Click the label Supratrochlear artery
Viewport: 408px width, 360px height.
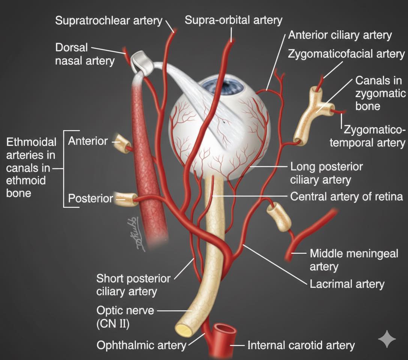coord(109,21)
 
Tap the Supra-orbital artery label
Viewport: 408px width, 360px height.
coord(233,20)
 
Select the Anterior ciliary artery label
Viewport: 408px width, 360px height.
coord(340,35)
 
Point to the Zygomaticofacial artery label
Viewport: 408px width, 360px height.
coord(346,54)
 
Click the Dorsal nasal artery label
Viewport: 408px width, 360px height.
coord(85,54)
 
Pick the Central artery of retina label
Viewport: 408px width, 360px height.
coord(346,196)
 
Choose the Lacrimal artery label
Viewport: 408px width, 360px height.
coord(347,284)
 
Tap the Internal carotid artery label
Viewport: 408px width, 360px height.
coord(301,345)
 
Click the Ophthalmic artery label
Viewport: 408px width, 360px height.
coord(141,345)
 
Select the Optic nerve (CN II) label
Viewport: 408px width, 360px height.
coord(125,317)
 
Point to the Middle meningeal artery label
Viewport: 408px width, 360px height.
coord(354,260)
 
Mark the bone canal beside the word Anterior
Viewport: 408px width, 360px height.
coord(122,144)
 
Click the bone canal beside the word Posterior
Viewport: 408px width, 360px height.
coord(126,199)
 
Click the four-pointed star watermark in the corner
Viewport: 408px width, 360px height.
coord(387,339)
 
